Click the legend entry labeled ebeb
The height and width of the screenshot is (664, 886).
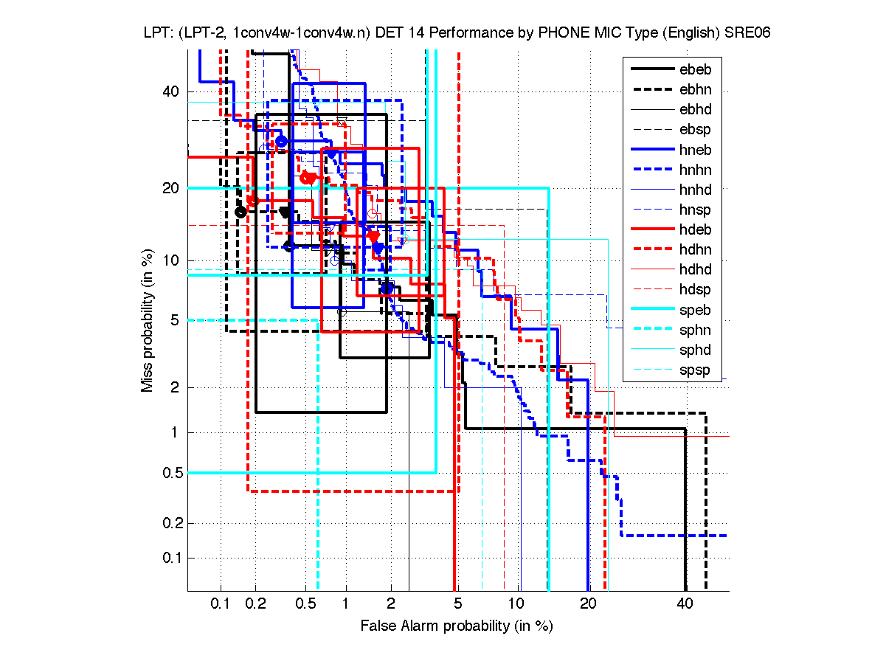pos(695,70)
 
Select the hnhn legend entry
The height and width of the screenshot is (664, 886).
pos(695,170)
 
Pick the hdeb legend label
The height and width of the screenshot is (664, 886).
pos(695,230)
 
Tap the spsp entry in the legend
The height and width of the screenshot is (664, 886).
pos(695,370)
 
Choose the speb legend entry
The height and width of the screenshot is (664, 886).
pos(695,310)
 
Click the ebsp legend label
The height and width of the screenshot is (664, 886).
pos(695,130)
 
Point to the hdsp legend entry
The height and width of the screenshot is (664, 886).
pos(695,290)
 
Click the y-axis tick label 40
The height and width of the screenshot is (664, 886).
pos(171,91)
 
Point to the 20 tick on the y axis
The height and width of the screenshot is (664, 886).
pos(171,188)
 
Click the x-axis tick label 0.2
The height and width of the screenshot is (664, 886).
pos(255,604)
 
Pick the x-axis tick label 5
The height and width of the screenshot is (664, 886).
pos(458,604)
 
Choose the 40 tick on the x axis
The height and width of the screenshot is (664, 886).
pos(685,604)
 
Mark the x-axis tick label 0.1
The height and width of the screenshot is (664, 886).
pos(221,604)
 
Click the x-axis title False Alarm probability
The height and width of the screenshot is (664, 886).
pos(457,626)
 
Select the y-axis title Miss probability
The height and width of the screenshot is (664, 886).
pos(148,321)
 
